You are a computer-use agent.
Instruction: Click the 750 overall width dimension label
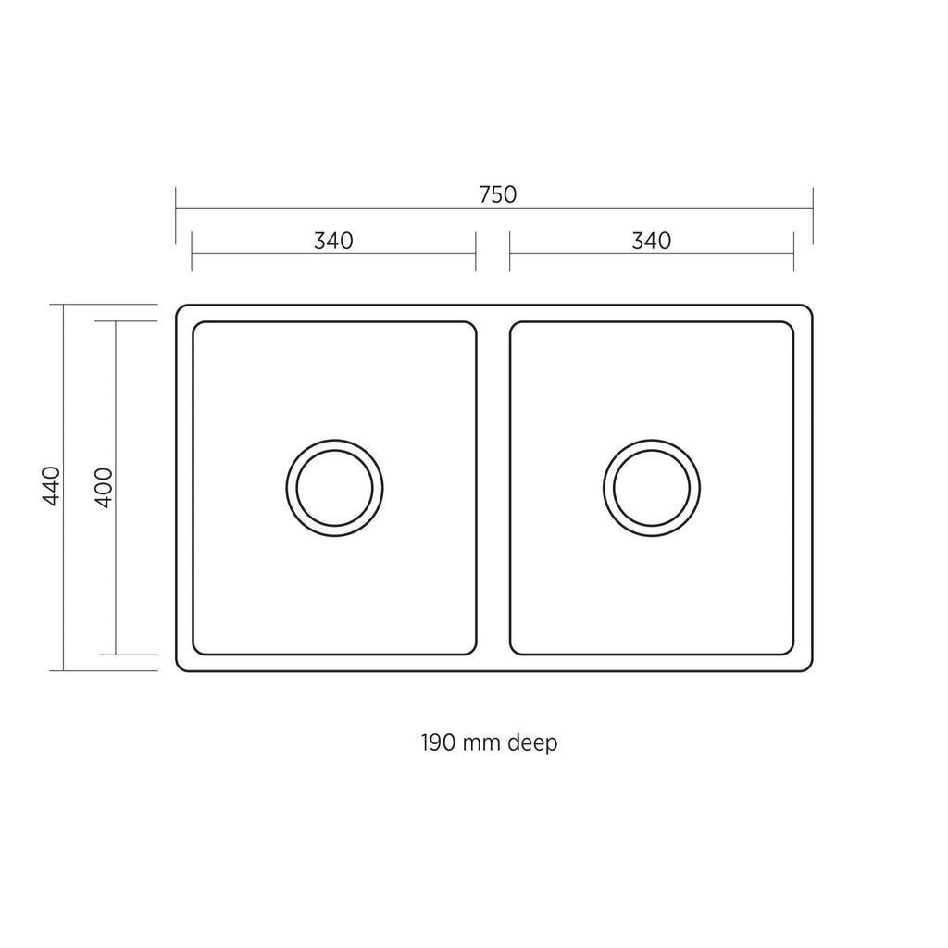coord(497,194)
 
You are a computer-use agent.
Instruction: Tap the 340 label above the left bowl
coord(333,242)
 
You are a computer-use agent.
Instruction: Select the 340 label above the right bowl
coord(651,242)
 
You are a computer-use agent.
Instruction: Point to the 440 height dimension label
coord(52,486)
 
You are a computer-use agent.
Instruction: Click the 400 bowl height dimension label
coord(104,487)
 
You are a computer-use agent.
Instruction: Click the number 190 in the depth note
coord(438,742)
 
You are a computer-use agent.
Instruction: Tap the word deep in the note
coord(532,743)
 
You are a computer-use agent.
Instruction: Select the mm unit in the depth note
coord(481,744)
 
